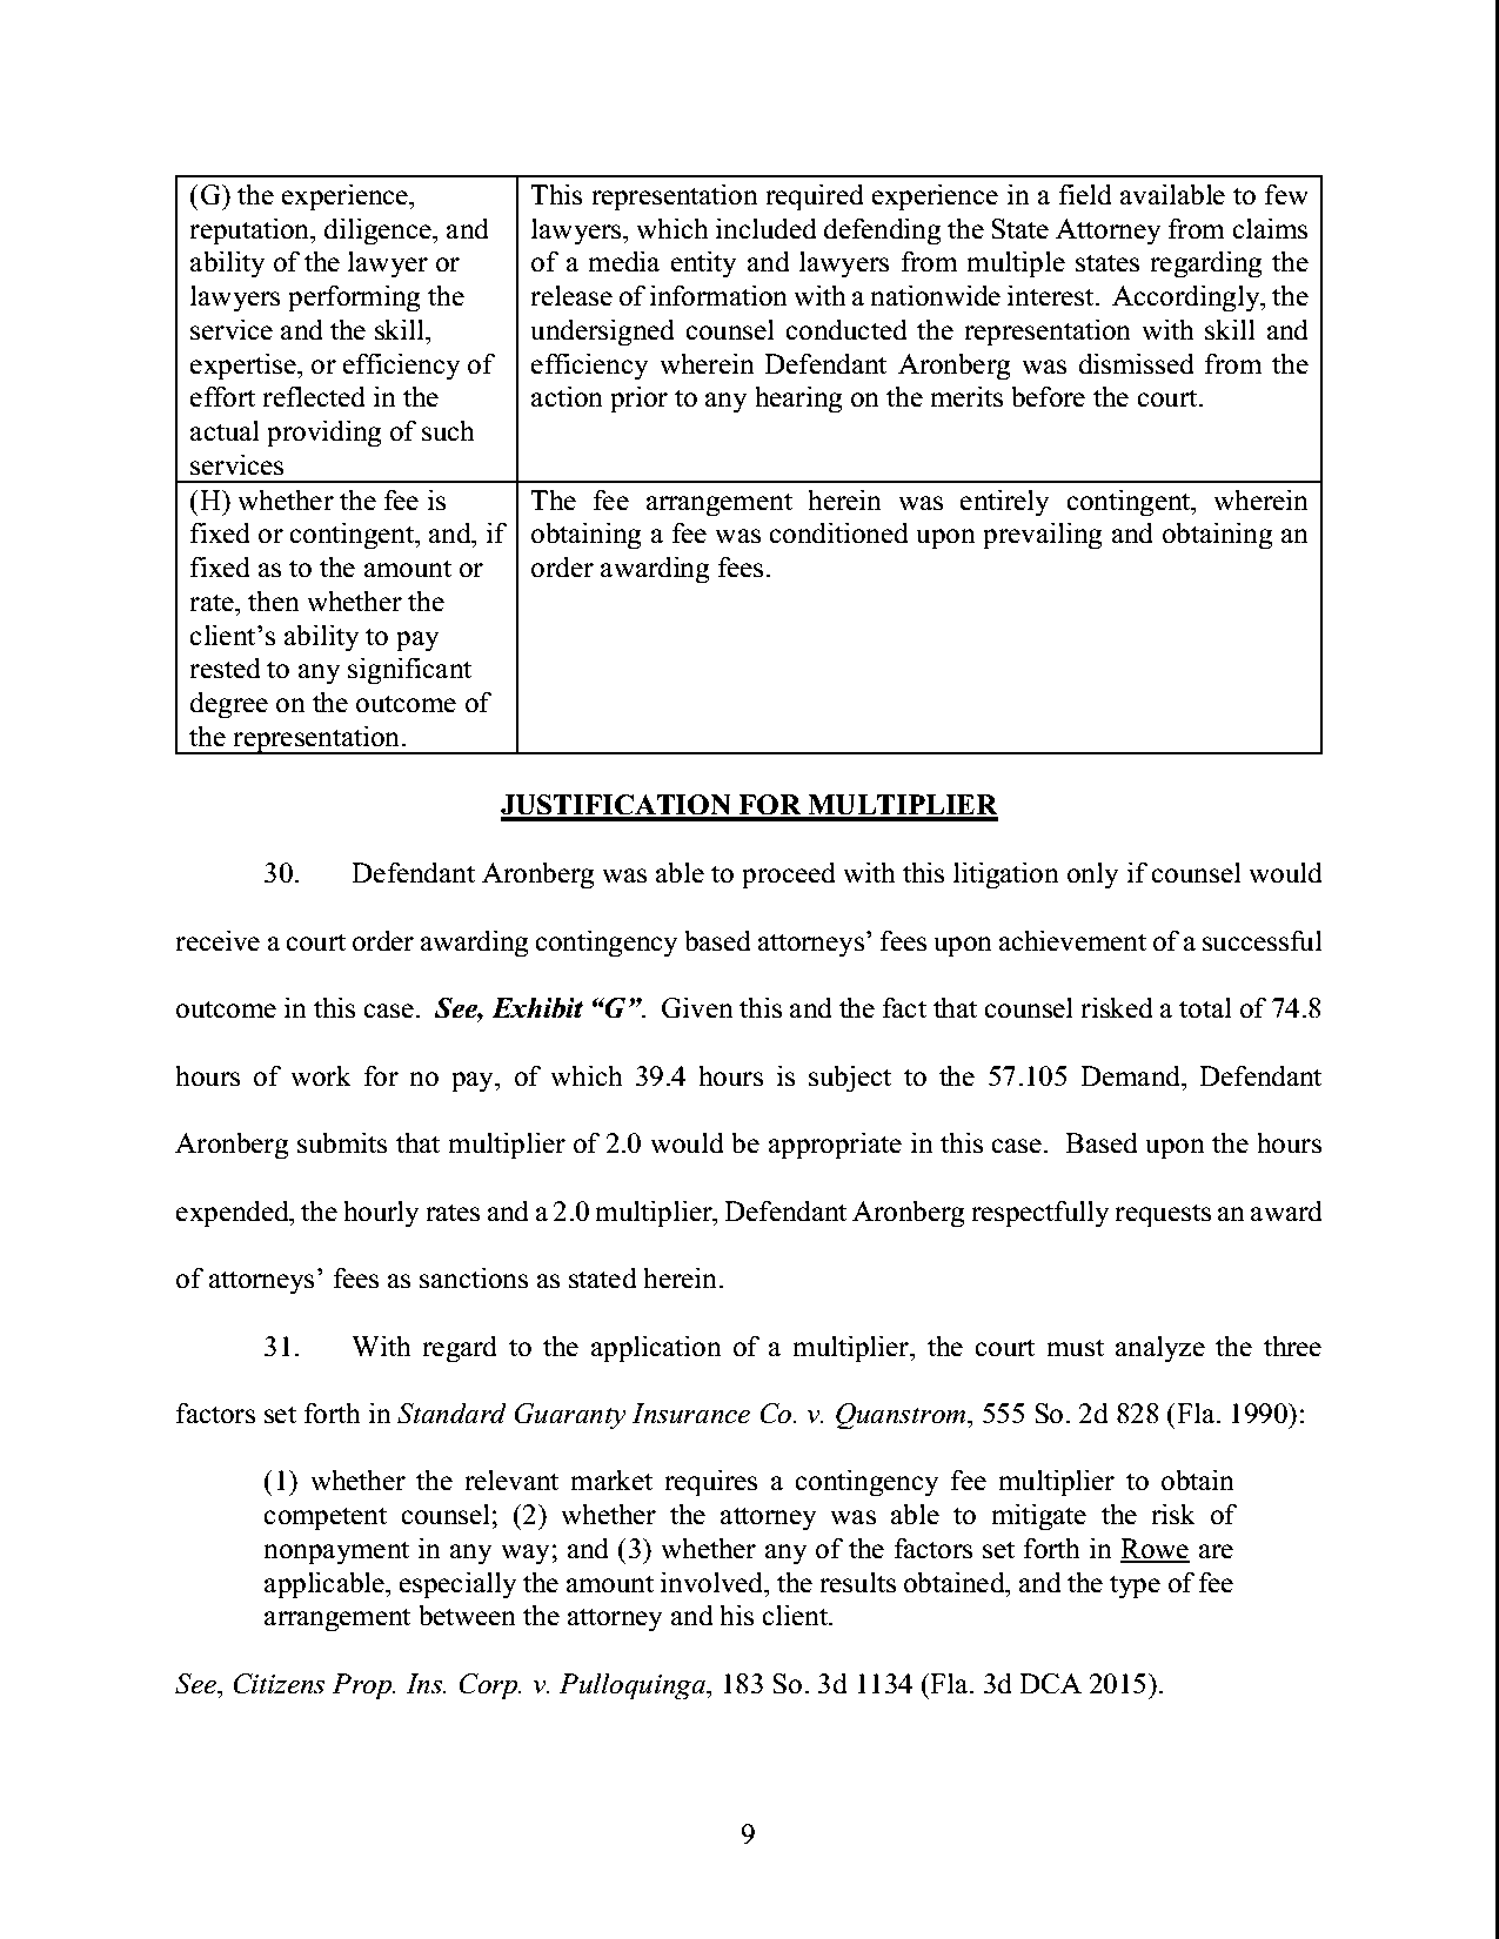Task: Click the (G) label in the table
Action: coord(210,195)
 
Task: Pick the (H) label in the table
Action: coord(210,502)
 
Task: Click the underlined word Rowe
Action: coord(1155,1549)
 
